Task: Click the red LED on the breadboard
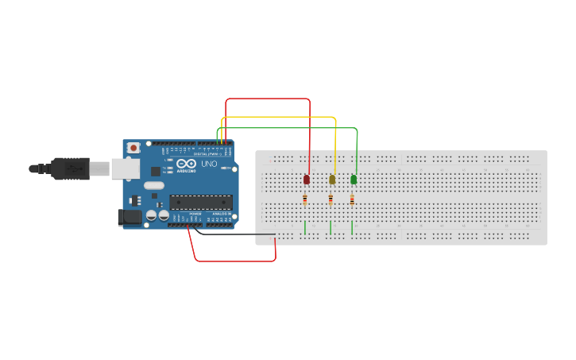pos(307,180)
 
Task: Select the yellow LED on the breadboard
pos(332,180)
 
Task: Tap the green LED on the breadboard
pos(354,180)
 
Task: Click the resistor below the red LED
pos(305,200)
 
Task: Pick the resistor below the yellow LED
pos(331,200)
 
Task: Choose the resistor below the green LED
pos(352,200)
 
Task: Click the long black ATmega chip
pos(201,203)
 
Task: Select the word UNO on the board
pos(209,165)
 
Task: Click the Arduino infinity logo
pos(186,163)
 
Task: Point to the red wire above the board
pos(268,99)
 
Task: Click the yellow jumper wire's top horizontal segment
pos(278,118)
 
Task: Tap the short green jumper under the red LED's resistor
pos(304,227)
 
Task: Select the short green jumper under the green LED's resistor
pos(352,227)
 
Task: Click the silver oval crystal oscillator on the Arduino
pos(153,186)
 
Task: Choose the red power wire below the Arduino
pos(235,261)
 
